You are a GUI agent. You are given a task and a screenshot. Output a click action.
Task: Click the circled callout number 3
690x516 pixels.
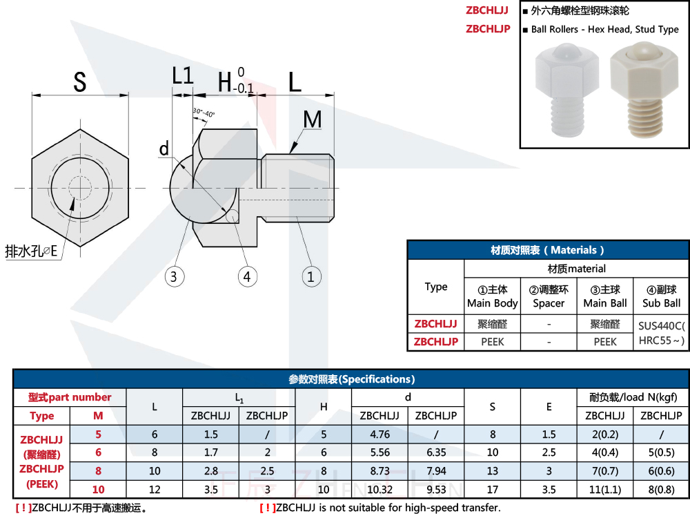[x=175, y=277]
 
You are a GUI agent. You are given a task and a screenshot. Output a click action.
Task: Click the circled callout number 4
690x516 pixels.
[x=248, y=277]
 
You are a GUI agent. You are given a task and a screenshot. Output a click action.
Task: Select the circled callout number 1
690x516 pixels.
[x=311, y=277]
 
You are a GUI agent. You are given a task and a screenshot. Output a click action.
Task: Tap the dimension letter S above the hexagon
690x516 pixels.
[x=80, y=82]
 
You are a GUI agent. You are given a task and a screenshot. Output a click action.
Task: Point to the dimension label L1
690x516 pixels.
[x=182, y=76]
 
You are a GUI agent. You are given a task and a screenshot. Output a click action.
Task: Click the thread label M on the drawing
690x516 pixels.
[x=313, y=120]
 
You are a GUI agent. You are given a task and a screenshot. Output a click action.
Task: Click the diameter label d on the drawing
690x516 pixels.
[x=164, y=149]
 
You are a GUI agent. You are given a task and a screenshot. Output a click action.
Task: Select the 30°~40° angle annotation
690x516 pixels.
[x=204, y=113]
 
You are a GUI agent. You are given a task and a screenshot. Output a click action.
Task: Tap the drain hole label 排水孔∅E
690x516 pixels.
[x=31, y=251]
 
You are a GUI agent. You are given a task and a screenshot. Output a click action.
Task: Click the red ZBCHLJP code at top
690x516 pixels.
[x=488, y=29]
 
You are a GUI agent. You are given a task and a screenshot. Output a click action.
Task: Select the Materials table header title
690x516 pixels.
[x=548, y=250]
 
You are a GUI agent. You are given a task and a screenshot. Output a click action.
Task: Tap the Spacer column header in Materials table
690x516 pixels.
[x=548, y=296]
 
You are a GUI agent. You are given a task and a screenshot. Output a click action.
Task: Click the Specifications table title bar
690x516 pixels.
[x=351, y=379]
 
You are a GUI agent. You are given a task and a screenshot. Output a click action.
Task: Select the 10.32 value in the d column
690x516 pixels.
[x=379, y=490]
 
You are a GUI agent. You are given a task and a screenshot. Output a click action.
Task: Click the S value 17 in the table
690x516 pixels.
[x=492, y=490]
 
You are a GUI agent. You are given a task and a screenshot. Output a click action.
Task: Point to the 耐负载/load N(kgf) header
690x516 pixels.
[x=633, y=397]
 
